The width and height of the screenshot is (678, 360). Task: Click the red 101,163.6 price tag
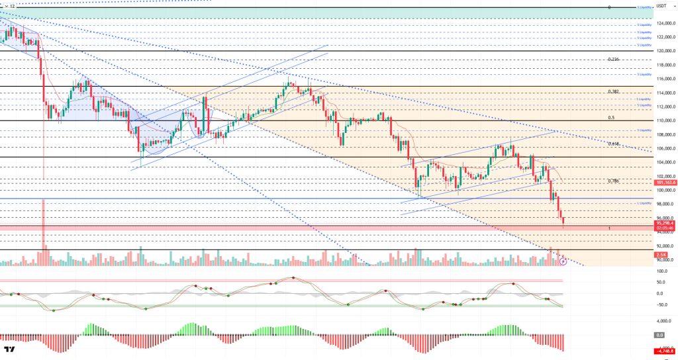pyautogui.click(x=665, y=182)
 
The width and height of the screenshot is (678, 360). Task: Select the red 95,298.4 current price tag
pyautogui.click(x=665, y=223)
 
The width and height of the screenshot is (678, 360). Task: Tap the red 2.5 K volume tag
pyautogui.click(x=661, y=255)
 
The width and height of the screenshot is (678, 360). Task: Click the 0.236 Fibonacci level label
pyautogui.click(x=612, y=59)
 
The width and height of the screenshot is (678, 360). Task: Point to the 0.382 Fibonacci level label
pyautogui.click(x=612, y=91)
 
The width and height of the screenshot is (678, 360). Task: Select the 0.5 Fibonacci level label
pyautogui.click(x=611, y=118)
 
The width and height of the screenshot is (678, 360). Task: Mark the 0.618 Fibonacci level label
pyautogui.click(x=613, y=143)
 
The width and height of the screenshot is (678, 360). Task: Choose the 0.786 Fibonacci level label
pyautogui.click(x=613, y=181)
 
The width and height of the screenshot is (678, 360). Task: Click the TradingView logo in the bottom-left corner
pyautogui.click(x=10, y=349)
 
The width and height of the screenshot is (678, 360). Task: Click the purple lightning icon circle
pyautogui.click(x=563, y=261)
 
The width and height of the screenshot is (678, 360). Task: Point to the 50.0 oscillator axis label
pyautogui.click(x=660, y=282)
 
